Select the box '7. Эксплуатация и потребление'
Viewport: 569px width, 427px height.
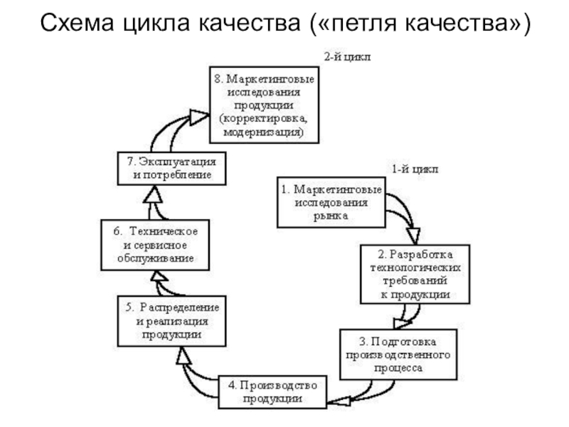tap(171, 169)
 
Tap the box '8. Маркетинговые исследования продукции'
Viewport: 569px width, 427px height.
tap(264, 105)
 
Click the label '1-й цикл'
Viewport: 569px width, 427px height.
tap(415, 169)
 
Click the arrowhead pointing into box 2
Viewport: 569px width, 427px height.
tap(413, 236)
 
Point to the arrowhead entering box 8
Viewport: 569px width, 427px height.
tap(198, 114)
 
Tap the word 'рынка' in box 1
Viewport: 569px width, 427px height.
tap(330, 216)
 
